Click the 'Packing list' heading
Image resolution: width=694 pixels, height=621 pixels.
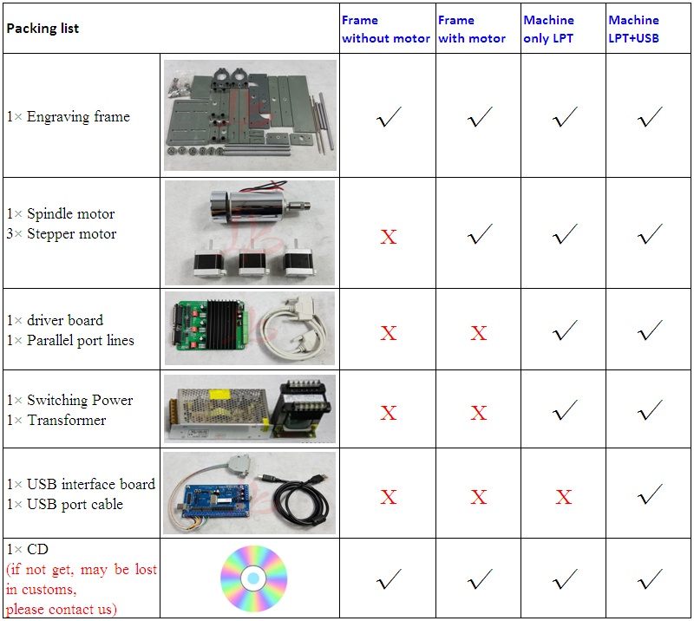click(x=43, y=29)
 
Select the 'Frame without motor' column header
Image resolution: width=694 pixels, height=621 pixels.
click(x=386, y=29)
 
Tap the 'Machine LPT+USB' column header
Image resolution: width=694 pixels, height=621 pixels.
click(x=634, y=29)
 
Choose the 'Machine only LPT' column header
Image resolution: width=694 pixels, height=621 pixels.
click(x=549, y=29)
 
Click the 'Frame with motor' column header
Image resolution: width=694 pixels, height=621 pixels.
click(x=472, y=29)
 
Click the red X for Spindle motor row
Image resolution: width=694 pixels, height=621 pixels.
click(x=388, y=237)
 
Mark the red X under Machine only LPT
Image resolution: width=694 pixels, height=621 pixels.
click(x=563, y=497)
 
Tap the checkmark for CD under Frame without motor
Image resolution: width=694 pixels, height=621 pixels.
click(x=389, y=579)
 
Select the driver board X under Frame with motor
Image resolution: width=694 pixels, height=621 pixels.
click(x=479, y=333)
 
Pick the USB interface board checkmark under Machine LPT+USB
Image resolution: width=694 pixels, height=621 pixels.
click(x=650, y=494)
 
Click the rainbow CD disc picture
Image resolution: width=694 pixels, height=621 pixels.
click(x=253, y=578)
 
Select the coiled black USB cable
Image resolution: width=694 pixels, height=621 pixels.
click(x=301, y=499)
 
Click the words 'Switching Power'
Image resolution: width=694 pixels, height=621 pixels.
click(x=80, y=400)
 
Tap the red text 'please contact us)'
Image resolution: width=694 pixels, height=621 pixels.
click(x=61, y=610)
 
